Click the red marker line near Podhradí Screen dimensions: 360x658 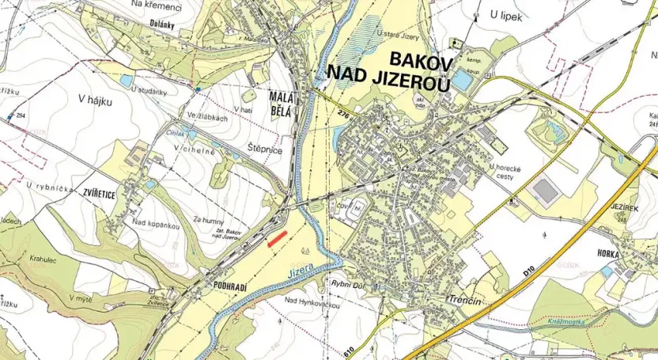[x=277, y=240]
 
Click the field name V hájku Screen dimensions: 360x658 [x=96, y=100]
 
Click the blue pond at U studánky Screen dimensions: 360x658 [x=127, y=81]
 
